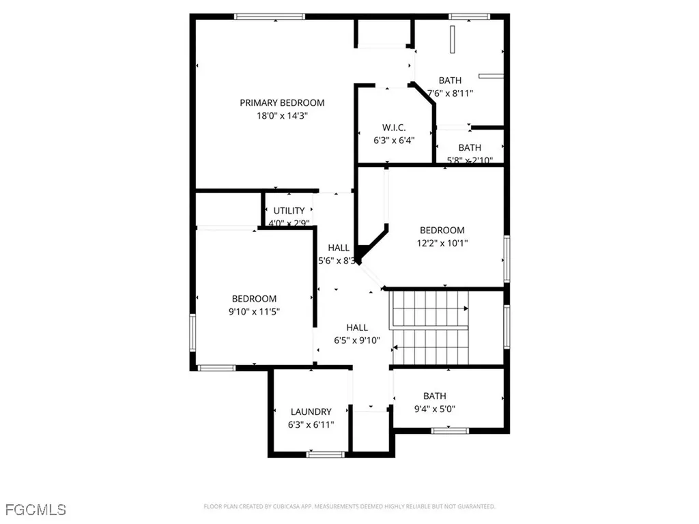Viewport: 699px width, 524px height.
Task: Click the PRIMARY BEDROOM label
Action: point(282,103)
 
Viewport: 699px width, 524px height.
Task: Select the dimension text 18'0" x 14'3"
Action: point(282,116)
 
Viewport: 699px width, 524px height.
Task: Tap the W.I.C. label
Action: point(394,128)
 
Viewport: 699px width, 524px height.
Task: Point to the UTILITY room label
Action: point(289,211)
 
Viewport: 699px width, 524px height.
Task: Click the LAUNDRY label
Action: point(311,411)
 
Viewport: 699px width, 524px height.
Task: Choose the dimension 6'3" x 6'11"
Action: point(311,424)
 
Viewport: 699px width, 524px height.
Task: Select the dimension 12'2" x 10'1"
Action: point(442,243)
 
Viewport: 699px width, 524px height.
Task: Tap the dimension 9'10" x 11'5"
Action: point(254,311)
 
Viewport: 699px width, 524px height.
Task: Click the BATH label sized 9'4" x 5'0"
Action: point(434,396)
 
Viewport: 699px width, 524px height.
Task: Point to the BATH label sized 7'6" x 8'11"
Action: point(450,81)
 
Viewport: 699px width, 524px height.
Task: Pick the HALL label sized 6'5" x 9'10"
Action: point(357,327)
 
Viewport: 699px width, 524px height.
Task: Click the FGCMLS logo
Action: point(35,509)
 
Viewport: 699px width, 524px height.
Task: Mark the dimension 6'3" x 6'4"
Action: point(394,141)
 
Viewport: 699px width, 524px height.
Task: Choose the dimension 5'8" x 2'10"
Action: point(469,160)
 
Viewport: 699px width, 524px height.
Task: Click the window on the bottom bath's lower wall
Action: point(451,431)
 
